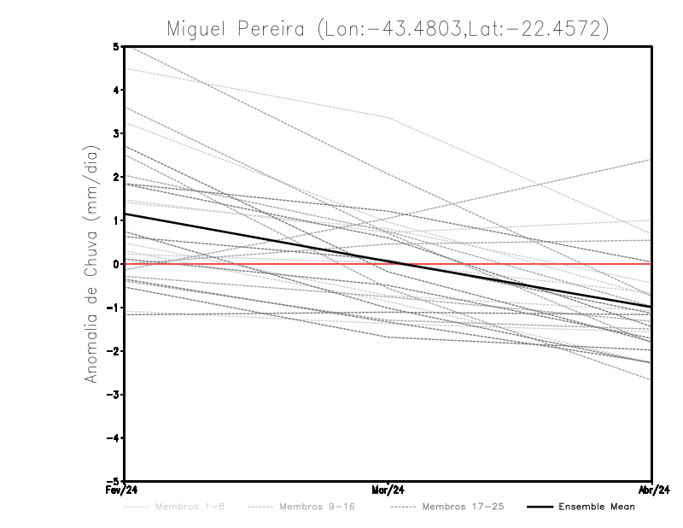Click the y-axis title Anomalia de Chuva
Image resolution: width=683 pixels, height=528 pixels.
tap(90, 264)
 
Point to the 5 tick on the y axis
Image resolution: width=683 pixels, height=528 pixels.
tap(116, 46)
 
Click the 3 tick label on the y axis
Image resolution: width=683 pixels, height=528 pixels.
tap(116, 133)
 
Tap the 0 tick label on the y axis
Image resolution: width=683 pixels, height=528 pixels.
tap(116, 264)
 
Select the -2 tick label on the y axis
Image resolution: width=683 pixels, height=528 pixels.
tap(114, 351)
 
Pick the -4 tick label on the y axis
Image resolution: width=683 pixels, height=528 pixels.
tap(114, 437)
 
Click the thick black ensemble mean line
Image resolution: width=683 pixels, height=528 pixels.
tap(256, 239)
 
